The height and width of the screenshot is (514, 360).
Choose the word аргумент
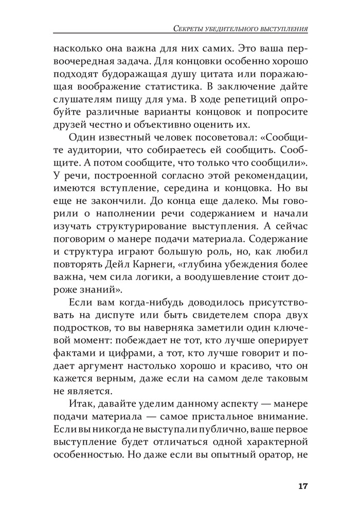coord(109,364)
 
